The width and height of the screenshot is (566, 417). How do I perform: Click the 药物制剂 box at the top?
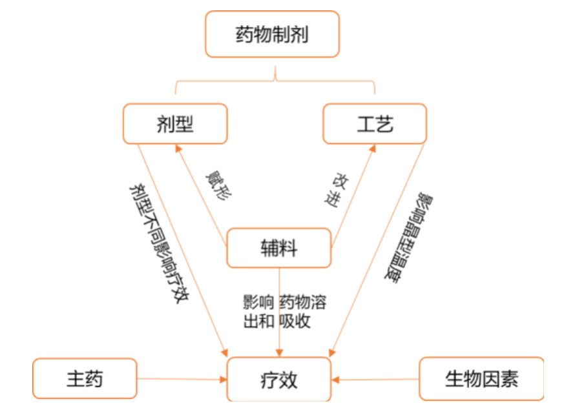(x=272, y=34)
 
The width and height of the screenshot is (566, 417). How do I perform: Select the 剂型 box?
(x=175, y=123)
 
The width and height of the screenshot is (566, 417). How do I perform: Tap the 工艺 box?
(x=375, y=123)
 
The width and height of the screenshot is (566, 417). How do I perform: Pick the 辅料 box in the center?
(x=278, y=248)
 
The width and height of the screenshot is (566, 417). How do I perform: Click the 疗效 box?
(x=278, y=379)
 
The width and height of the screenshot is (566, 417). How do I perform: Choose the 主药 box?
(x=85, y=378)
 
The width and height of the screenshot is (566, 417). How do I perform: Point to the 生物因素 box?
(x=481, y=378)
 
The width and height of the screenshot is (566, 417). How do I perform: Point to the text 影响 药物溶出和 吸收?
(x=284, y=311)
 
